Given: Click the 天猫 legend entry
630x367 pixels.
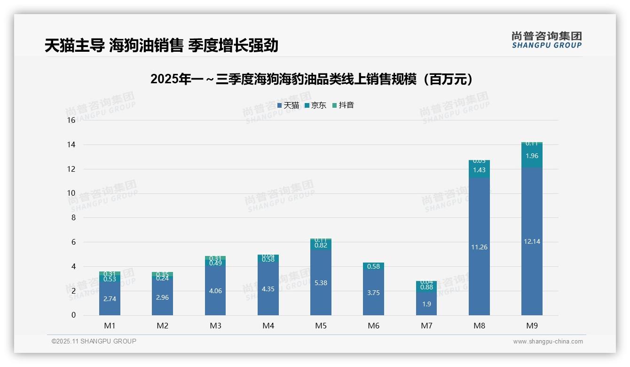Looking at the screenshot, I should pos(288,105).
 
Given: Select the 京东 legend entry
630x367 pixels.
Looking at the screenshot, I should pos(315,105).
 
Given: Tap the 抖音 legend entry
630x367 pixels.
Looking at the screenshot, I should pos(343,105).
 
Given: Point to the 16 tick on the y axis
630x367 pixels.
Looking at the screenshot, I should pos(71,120).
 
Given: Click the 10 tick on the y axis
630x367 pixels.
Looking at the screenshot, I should pos(71,193).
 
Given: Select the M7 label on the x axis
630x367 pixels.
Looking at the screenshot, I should pos(426,326).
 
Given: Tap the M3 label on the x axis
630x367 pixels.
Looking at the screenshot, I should pos(215,326).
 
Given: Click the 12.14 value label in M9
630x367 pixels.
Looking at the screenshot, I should pos(532,241).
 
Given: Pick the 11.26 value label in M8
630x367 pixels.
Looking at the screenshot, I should pos(479,247).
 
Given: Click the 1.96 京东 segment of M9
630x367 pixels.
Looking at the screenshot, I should pos(532,156).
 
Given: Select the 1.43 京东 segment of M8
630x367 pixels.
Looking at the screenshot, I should pos(479,170).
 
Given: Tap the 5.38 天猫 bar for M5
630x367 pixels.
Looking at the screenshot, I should pos(321,283).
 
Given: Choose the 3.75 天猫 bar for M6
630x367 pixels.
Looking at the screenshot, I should pos(373,293).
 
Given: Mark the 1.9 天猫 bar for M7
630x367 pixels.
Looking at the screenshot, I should pos(426,304).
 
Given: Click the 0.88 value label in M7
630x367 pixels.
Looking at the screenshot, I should pos(426,287).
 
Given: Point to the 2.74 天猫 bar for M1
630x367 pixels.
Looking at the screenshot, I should pos(110,299).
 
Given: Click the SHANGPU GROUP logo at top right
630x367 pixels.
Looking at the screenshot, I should pos(547,40).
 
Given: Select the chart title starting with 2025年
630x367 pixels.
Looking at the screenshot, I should pos(311,79).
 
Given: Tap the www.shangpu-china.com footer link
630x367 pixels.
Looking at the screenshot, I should pos(548,342).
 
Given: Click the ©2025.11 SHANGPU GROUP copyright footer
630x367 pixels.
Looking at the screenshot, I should pos(94,342).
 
